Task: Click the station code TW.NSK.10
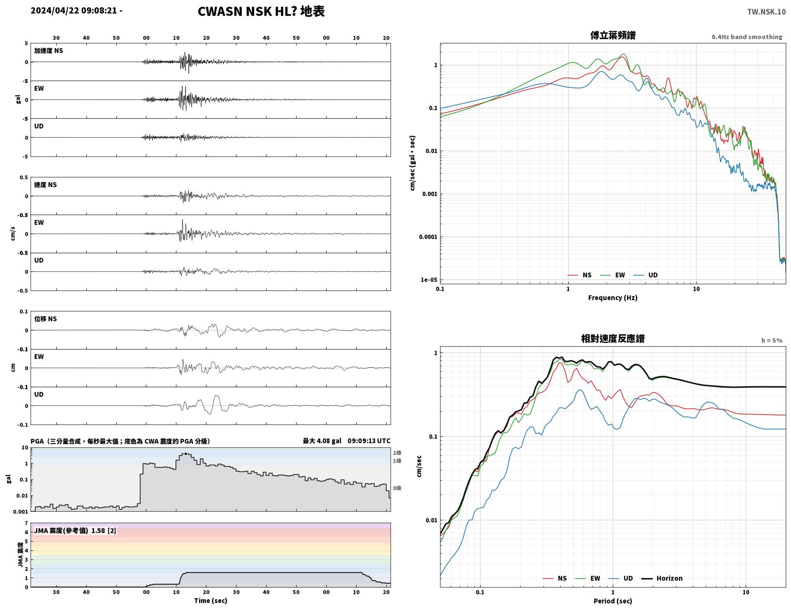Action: [x=766, y=11]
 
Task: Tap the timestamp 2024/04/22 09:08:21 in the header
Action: [x=73, y=10]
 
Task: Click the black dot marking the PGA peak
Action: [x=185, y=454]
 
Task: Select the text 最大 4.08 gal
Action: [x=322, y=441]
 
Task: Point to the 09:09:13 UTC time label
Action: [x=369, y=441]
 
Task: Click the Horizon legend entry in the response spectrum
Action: [x=661, y=579]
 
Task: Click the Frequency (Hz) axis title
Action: [x=613, y=298]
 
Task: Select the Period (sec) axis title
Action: [x=613, y=601]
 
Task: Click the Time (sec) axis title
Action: [x=210, y=600]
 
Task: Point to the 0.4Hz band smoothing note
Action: [x=747, y=37]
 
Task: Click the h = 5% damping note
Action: [x=772, y=341]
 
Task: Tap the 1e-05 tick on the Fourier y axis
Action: [x=429, y=280]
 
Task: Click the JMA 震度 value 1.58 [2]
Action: [x=104, y=531]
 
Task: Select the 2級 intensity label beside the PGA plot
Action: [x=397, y=453]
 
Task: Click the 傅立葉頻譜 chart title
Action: [x=613, y=35]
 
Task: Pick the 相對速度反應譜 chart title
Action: [x=613, y=339]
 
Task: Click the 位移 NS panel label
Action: [x=45, y=319]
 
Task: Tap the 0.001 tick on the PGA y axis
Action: [x=21, y=512]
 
